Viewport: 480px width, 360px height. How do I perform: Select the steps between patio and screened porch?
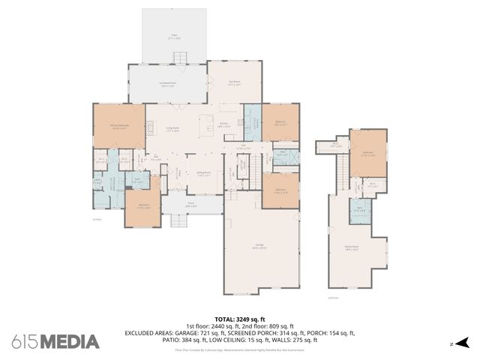179,58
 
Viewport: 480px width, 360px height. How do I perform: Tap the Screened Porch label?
167,84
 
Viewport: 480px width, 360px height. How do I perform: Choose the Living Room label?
172,128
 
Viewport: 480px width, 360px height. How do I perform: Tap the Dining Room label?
203,174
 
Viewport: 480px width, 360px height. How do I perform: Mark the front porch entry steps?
179,220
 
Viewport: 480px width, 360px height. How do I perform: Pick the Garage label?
258,246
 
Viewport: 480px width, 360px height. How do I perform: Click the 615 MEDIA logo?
55,342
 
